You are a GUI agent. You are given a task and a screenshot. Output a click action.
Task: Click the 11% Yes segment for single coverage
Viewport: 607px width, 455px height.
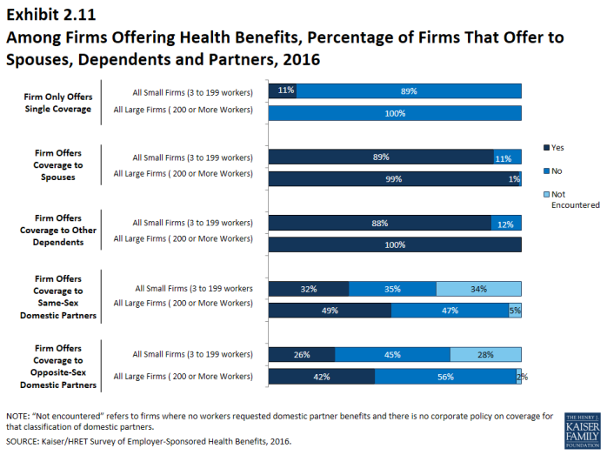pyautogui.click(x=283, y=90)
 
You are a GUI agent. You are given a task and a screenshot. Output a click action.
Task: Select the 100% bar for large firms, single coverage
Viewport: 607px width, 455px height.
pyautogui.click(x=395, y=112)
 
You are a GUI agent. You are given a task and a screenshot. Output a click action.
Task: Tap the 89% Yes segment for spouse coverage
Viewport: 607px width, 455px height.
pyautogui.click(x=381, y=157)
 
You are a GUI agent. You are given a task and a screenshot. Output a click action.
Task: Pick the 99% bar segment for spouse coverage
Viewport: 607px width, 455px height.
pyautogui.click(x=393, y=178)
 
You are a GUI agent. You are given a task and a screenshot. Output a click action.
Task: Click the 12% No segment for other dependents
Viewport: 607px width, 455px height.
pyautogui.click(x=506, y=223)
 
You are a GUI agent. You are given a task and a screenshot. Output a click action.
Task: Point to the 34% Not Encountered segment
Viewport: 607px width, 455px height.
pyautogui.click(x=478, y=289)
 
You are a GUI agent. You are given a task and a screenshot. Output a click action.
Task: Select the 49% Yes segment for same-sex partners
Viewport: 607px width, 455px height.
pyautogui.click(x=330, y=311)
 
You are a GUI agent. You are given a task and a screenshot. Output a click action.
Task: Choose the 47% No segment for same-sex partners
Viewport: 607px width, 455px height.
pyautogui.click(x=450, y=311)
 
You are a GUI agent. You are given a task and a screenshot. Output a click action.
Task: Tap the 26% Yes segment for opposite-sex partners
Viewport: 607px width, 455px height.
pyautogui.click(x=302, y=354)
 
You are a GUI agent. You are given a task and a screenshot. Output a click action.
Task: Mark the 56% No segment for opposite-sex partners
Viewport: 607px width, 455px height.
pyautogui.click(x=445, y=376)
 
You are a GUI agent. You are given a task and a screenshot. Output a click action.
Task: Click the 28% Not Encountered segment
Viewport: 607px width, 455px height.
pyautogui.click(x=485, y=354)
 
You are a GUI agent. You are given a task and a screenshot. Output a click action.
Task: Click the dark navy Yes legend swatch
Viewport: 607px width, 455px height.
pyautogui.click(x=546, y=147)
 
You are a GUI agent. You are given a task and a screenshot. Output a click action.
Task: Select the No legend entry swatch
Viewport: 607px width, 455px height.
pyautogui.click(x=546, y=171)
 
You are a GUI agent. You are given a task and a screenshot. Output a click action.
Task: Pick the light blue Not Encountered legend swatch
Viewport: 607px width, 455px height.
pyautogui.click(x=546, y=194)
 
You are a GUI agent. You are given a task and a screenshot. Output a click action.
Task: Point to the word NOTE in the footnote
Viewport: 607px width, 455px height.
pyautogui.click(x=18, y=416)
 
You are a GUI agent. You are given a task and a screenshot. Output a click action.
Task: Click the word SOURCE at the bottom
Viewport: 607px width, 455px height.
pyautogui.click(x=24, y=442)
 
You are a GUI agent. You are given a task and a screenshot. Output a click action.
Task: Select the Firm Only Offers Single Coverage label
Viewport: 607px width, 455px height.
pyautogui.click(x=57, y=103)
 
